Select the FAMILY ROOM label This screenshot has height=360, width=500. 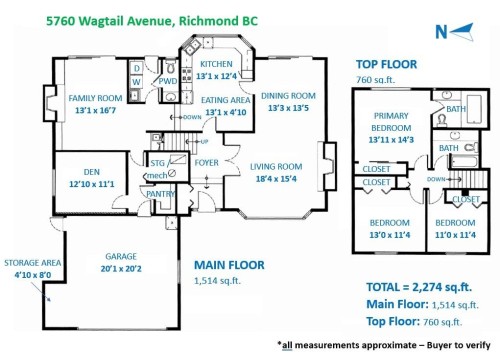coord(94,98)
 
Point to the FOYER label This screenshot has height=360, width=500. coord(206,162)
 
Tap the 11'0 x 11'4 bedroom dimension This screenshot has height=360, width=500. coord(454,235)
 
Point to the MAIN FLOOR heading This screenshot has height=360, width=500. coord(228,265)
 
